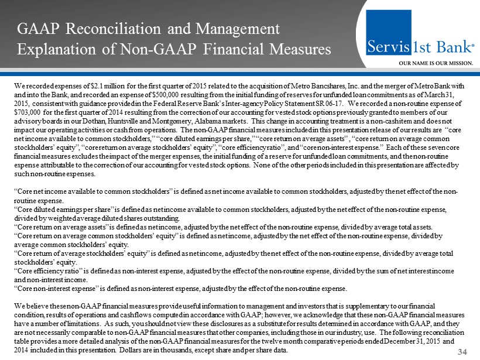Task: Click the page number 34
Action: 465,351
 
